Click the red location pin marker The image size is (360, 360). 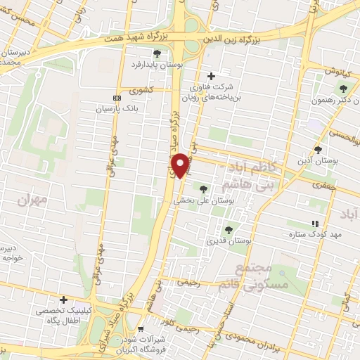tap(181, 165)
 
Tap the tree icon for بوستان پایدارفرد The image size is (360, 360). tap(157, 53)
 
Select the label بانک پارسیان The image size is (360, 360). tap(114, 109)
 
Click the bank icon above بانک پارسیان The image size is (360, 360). tap(117, 98)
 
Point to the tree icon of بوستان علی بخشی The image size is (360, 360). tap(204, 188)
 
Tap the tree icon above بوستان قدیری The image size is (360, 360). tap(228, 230)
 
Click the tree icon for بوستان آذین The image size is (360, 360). tap(318, 149)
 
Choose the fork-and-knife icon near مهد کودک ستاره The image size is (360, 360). tap(314, 223)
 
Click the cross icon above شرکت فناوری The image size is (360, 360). tap(212, 76)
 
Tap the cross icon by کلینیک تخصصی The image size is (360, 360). tap(63, 300)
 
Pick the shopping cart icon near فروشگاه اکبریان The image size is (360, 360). tap(141, 328)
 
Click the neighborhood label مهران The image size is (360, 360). tap(32, 200)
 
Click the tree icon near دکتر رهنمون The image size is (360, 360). tap(343, 89)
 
